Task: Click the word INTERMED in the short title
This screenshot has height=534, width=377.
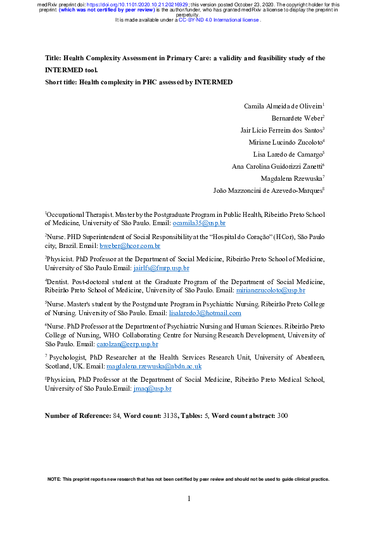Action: click(213, 82)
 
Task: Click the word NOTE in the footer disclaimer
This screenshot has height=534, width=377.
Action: click(55, 479)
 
